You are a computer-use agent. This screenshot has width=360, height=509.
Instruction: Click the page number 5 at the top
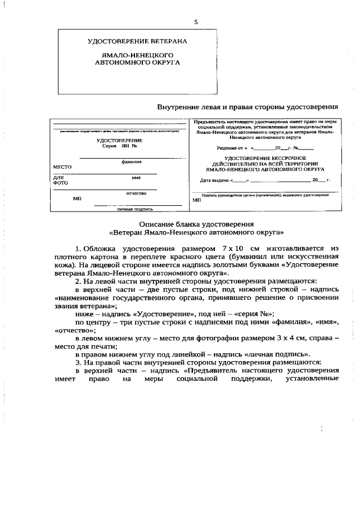tap(196, 22)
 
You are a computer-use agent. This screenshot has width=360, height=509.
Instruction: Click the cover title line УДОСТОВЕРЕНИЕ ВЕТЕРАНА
tap(137, 42)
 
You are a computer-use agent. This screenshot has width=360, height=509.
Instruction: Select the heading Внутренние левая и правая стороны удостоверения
tap(247, 106)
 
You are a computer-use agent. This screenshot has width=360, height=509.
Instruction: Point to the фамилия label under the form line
tap(131, 161)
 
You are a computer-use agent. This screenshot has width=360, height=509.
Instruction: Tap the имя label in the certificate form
tap(136, 177)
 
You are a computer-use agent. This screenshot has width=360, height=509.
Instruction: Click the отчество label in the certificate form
tap(136, 193)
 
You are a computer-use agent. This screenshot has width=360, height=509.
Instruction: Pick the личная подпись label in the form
tap(135, 209)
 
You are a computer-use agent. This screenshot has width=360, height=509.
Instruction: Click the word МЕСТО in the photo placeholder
tap(62, 167)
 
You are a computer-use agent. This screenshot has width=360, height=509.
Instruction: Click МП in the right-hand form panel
tap(196, 200)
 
